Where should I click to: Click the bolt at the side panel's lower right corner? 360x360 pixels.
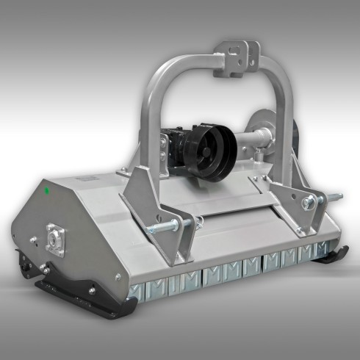(x=117, y=277)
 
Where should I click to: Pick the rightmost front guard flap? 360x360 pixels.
(x=321, y=253)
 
